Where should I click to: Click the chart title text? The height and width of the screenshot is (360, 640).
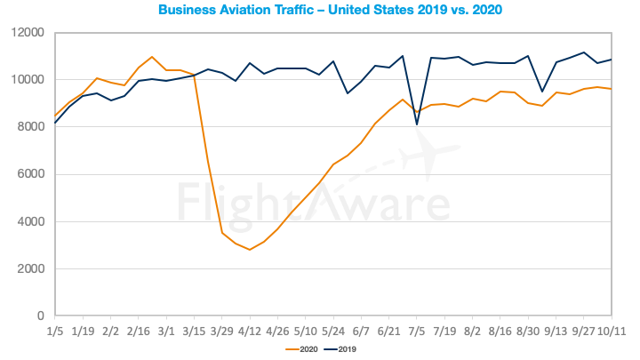click(319, 11)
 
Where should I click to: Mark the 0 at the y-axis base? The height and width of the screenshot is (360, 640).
click(39, 316)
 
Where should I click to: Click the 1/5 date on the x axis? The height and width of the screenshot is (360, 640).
click(55, 329)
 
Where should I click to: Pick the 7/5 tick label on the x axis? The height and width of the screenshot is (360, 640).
click(417, 329)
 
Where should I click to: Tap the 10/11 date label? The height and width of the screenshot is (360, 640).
click(612, 329)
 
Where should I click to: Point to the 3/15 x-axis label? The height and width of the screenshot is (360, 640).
click(194, 329)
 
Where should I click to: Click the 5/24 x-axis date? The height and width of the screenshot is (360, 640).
click(333, 329)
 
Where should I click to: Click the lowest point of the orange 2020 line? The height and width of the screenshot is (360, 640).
click(250, 250)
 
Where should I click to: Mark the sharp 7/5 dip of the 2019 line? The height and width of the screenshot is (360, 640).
click(417, 124)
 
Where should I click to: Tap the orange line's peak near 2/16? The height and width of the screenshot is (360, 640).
click(152, 57)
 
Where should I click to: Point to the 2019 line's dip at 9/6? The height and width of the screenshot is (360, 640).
click(542, 92)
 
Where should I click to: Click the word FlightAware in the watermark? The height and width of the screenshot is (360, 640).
click(319, 203)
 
